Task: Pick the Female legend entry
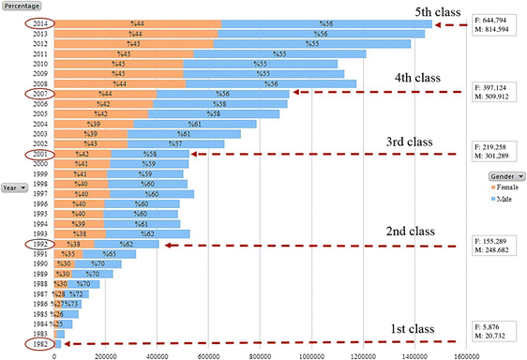[502, 187]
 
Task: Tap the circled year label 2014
[39, 22]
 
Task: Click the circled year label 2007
[39, 94]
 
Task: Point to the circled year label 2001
[39, 154]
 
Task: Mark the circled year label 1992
[39, 243]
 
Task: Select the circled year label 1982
[39, 343]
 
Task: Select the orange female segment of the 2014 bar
[137, 22]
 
